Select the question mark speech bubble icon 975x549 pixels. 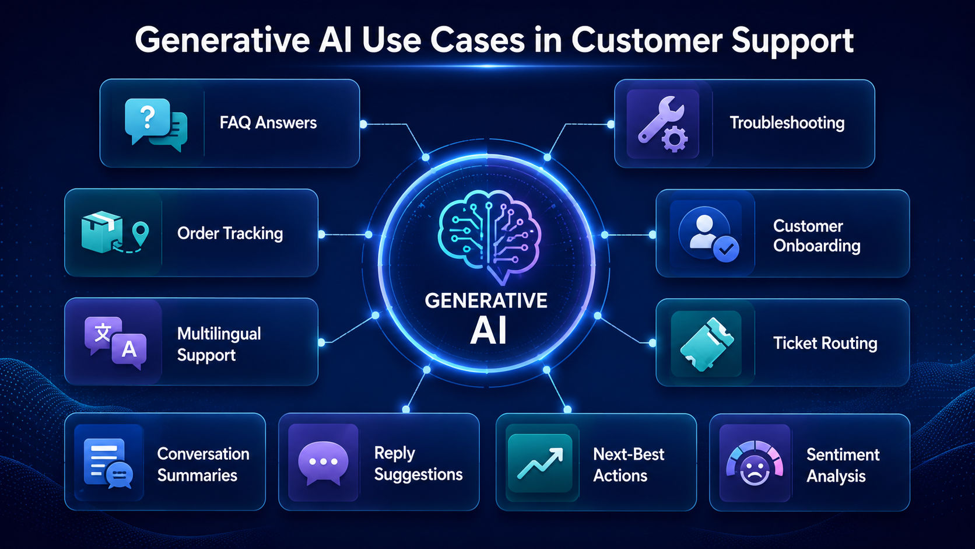click(156, 124)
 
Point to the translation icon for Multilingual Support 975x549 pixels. click(116, 342)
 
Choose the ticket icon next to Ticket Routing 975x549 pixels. click(706, 344)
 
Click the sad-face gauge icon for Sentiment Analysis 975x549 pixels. click(755, 463)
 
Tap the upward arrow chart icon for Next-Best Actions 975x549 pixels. click(540, 463)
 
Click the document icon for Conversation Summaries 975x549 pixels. click(108, 463)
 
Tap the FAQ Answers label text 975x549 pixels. click(268, 123)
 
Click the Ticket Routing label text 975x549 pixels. click(825, 344)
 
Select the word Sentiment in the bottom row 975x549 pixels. click(843, 454)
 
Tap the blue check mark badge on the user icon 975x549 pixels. click(725, 249)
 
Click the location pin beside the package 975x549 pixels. click(140, 233)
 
